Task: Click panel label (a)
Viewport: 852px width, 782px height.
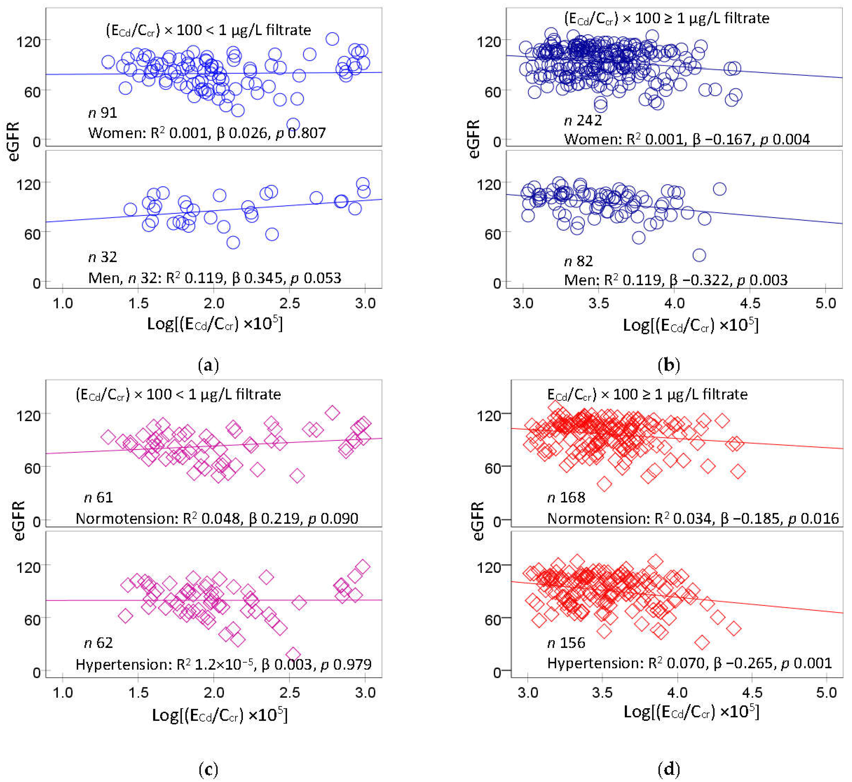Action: coord(208,365)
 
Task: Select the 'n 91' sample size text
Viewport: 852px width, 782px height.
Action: coord(103,113)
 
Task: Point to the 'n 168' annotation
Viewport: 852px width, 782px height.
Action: coord(566,497)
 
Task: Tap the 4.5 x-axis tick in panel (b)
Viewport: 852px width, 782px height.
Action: coord(750,303)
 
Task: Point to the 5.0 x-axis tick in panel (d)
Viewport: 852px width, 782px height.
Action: coord(826,693)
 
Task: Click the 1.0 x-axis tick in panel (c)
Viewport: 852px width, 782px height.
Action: coord(63,693)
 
